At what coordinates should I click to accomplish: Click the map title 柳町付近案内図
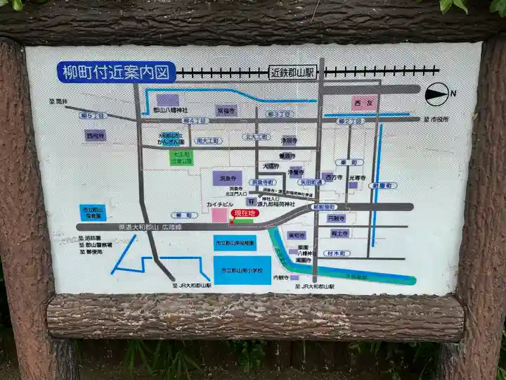pyautogui.click(x=116, y=71)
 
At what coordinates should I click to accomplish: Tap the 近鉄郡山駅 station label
pyautogui.click(x=293, y=72)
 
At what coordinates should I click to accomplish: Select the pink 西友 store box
pyautogui.click(x=362, y=103)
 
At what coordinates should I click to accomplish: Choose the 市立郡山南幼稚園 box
pyautogui.click(x=235, y=243)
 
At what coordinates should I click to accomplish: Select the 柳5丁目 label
pyautogui.click(x=92, y=115)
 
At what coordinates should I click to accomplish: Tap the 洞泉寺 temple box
pyautogui.click(x=226, y=179)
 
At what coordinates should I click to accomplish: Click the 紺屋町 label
pyautogui.click(x=384, y=185)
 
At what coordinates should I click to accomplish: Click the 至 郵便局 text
pyautogui.click(x=91, y=251)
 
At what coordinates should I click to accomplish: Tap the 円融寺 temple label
pyautogui.click(x=337, y=218)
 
